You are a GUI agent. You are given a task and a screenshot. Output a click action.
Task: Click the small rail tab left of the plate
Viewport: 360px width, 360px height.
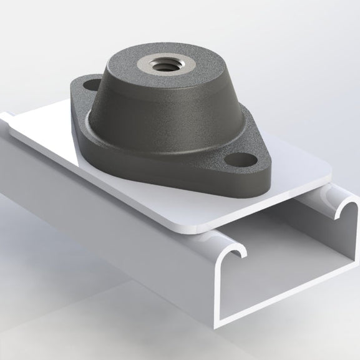6,116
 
